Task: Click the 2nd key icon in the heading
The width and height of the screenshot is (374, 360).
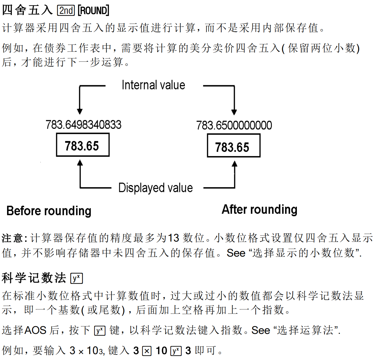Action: tap(66, 11)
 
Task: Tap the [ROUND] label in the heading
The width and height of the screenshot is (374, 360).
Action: tap(94, 11)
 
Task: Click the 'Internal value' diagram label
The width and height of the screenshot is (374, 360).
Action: tap(153, 85)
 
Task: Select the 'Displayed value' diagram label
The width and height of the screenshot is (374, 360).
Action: tap(155, 188)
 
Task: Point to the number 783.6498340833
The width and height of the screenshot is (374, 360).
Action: tap(83, 125)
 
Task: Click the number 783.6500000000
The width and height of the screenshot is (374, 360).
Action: tap(234, 125)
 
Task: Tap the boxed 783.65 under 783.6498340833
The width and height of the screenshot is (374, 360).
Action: tap(82, 146)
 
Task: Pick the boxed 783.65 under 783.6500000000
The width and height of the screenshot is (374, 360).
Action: tap(233, 147)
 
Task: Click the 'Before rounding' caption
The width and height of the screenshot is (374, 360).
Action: tap(49, 211)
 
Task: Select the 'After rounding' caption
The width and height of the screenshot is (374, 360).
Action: tap(259, 210)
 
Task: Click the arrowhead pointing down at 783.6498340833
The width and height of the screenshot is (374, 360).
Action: tap(79, 112)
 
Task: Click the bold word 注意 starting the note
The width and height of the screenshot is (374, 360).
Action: tap(12, 238)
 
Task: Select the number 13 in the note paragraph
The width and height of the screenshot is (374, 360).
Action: tap(173, 238)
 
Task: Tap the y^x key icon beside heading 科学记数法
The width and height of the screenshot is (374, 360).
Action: tap(77, 278)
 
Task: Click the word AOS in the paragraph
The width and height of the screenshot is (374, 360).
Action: tap(35, 330)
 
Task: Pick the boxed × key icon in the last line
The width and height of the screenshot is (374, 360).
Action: tap(147, 351)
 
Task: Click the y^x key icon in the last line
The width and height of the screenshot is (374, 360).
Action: tap(176, 351)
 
